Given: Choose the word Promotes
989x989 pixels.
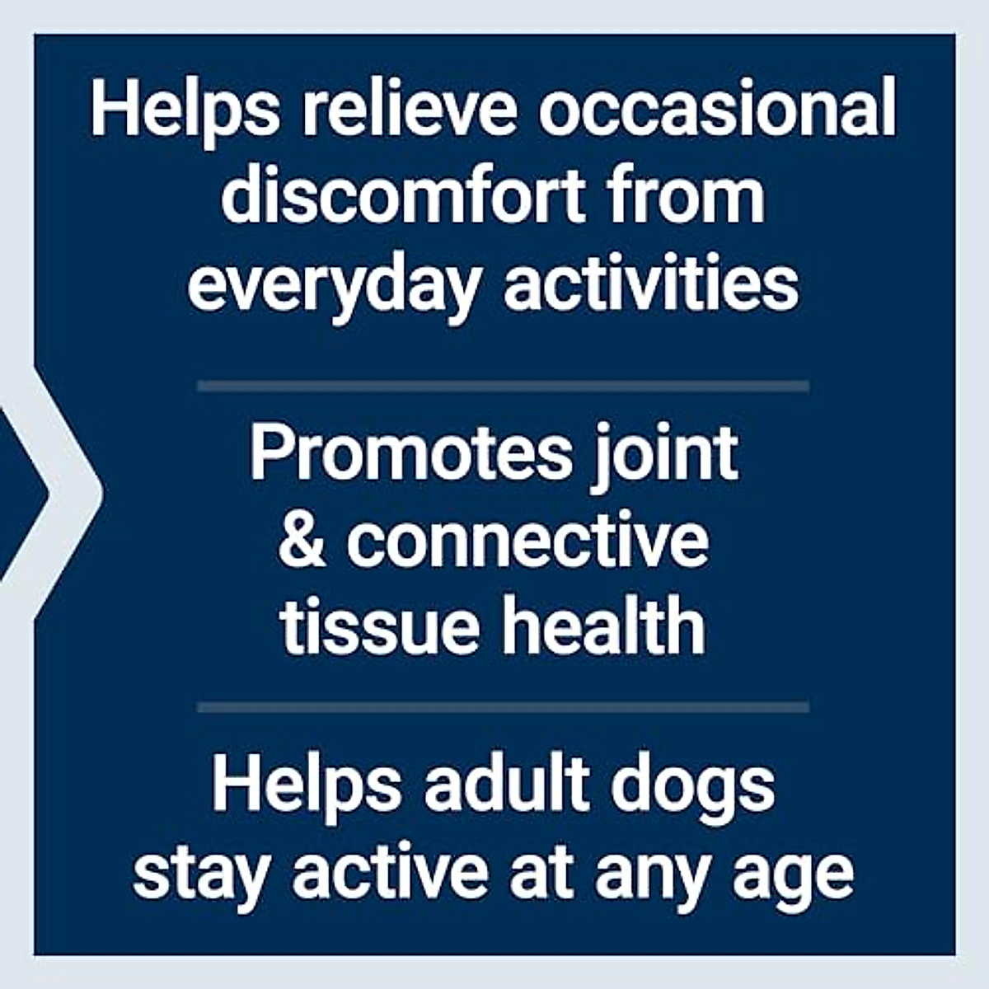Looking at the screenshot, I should coord(410,454).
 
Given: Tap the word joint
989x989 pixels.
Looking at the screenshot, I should coord(665,456).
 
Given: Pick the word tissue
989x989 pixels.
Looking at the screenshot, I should coord(379,628).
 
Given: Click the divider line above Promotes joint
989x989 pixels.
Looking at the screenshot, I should coord(503,386).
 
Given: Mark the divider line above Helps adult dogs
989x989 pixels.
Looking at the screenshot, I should coord(503,707).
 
